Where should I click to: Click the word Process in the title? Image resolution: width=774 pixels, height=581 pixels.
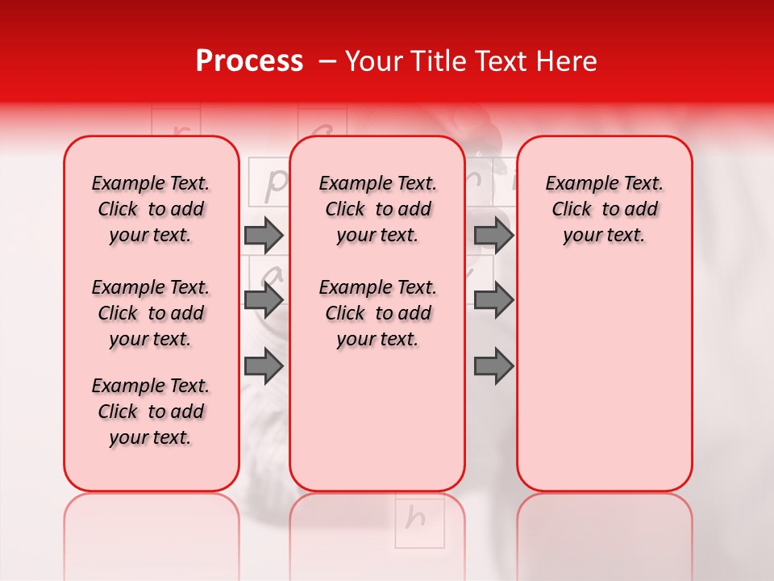(248, 61)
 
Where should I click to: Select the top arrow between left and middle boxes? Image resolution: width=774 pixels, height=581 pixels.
(264, 235)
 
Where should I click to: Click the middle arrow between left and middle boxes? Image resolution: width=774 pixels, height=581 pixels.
(264, 300)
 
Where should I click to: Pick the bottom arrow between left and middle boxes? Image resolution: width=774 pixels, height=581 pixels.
(264, 366)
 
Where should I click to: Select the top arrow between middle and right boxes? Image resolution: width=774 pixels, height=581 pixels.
(493, 235)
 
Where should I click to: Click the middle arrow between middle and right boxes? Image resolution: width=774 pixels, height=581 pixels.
(493, 300)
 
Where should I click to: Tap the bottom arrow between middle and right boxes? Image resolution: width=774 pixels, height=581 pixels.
(493, 366)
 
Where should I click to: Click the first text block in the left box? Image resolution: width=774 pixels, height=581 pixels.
(151, 209)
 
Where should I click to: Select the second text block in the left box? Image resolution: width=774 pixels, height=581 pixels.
(151, 313)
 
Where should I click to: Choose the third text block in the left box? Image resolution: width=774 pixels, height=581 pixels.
(151, 412)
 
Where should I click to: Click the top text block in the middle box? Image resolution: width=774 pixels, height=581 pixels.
(377, 209)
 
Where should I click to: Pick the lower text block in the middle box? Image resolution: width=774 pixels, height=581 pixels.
(377, 313)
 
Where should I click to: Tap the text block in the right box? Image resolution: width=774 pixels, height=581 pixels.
(604, 209)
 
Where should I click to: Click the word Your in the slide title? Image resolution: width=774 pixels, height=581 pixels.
(372, 61)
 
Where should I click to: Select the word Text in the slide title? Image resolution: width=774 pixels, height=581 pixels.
(501, 61)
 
